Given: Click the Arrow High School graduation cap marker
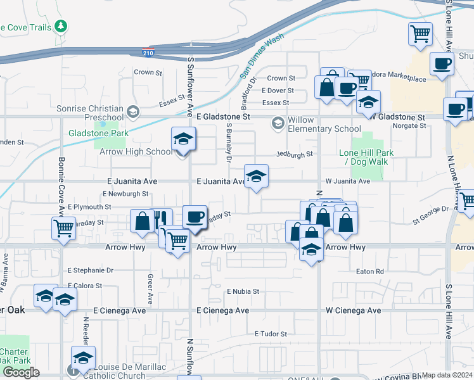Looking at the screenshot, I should pos(183,140).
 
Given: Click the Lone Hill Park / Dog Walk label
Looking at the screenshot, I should pos(366,157).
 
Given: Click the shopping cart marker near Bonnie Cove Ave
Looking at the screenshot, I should pos(64,229).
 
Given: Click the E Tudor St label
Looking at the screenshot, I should pos(271,334).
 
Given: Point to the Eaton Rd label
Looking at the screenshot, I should pos(371,272).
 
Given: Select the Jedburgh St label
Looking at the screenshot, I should pos(295,154).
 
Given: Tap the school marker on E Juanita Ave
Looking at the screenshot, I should pos(256,177).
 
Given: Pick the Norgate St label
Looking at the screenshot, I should pos(409,126).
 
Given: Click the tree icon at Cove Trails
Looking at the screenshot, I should pos(61,27).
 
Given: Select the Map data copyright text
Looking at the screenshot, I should pos(447,375).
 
